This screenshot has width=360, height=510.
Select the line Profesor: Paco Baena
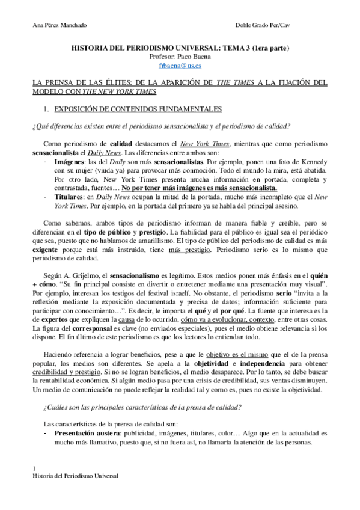(x=180, y=56)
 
